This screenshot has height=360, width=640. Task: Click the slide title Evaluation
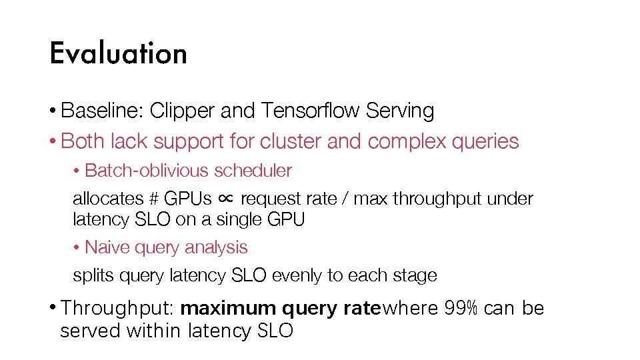[118, 53]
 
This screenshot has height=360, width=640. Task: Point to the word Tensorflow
[311, 111]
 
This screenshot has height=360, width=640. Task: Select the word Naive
[107, 247]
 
